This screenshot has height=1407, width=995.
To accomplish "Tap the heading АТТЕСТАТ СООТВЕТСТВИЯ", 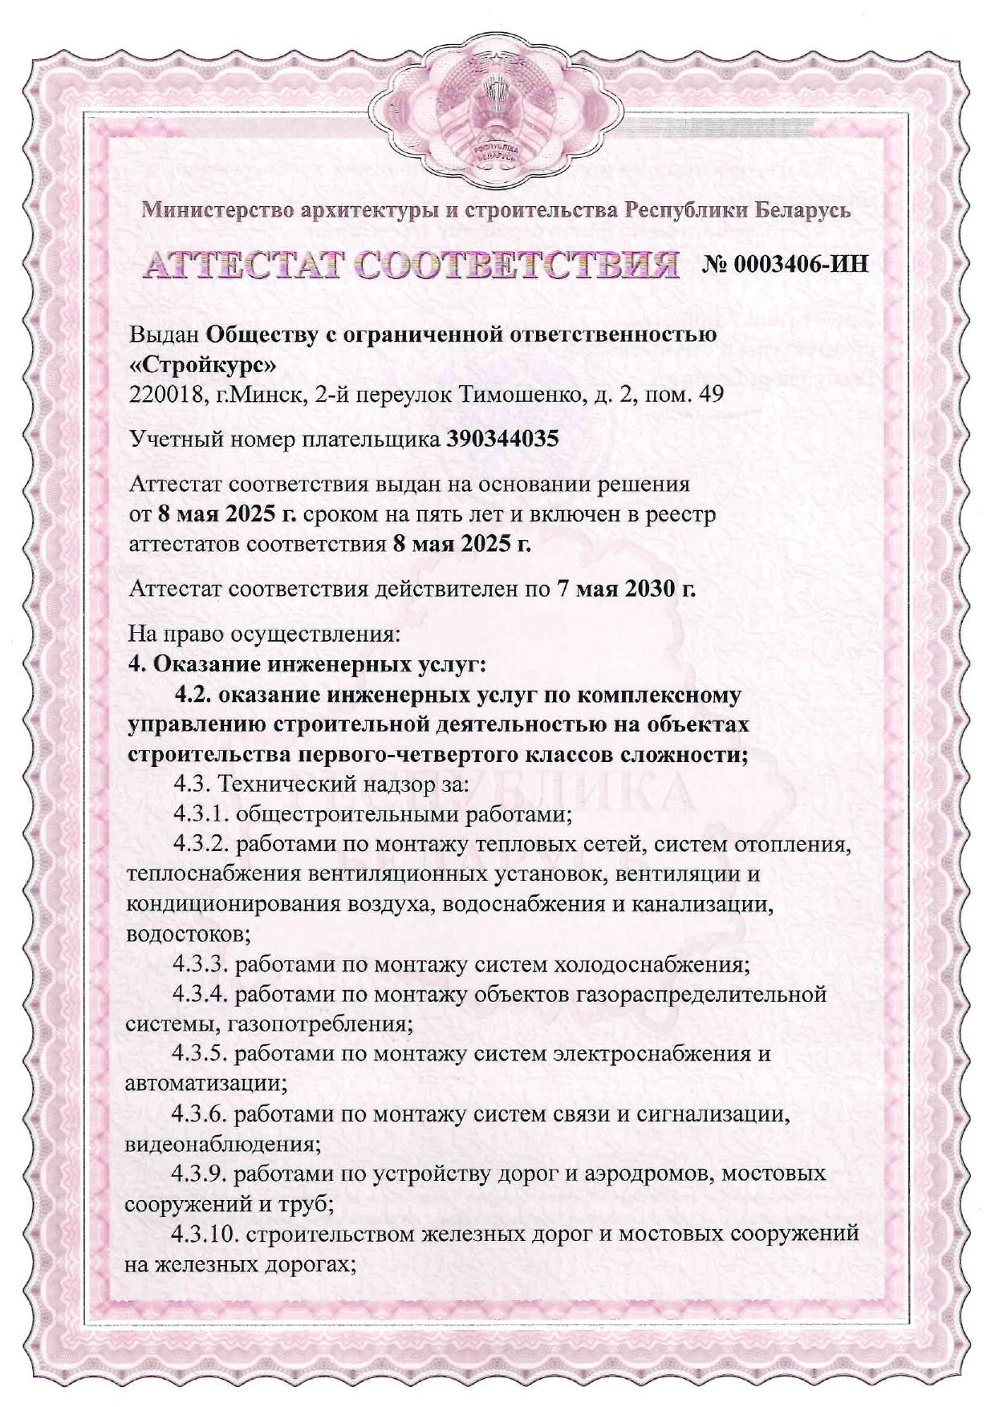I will tap(409, 264).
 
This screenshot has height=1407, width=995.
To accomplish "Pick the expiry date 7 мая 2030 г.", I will tap(625, 589).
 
